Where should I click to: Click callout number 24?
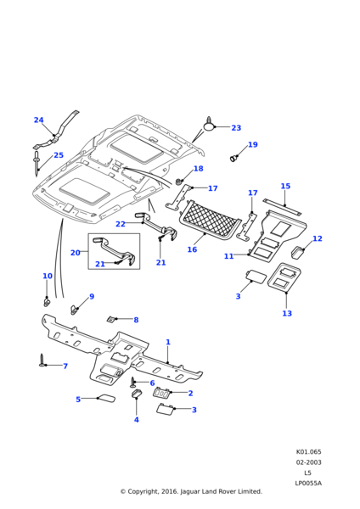tap(39, 120)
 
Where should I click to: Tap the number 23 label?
tap(236, 128)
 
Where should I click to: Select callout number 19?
tap(253, 144)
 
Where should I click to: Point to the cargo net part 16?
tap(211, 220)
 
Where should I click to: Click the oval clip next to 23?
tap(209, 125)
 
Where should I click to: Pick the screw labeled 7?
tap(42, 361)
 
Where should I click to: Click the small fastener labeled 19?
tap(233, 159)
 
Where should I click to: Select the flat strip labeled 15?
tap(282, 207)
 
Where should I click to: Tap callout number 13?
tap(287, 313)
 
